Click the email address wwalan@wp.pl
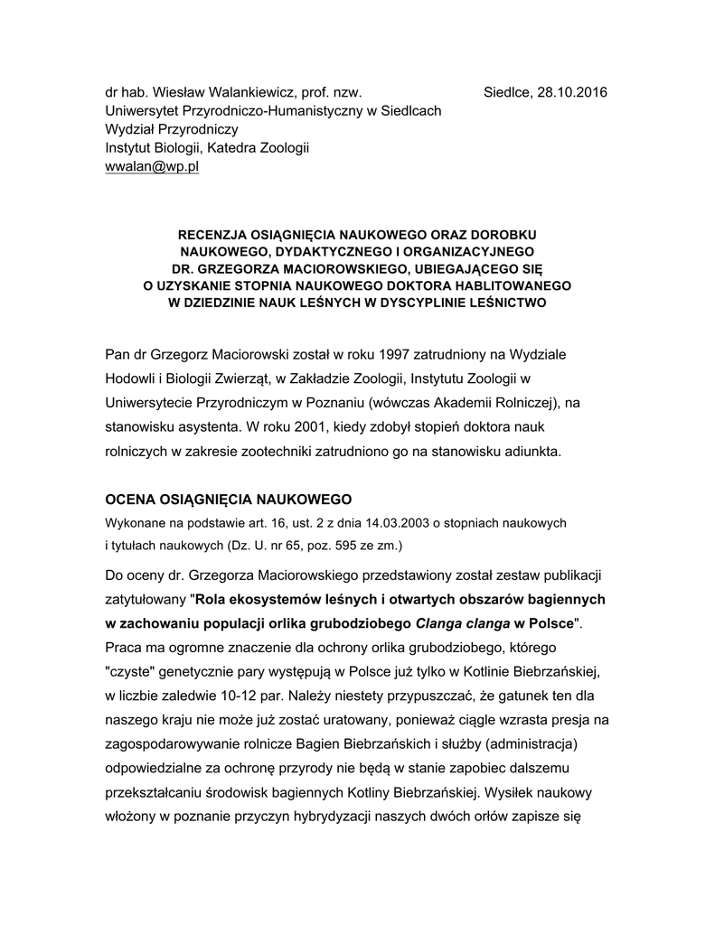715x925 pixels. coord(152,169)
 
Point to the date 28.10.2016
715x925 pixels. coord(571,92)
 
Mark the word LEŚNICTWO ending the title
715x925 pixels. coord(502,304)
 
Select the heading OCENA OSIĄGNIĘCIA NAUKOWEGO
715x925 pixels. coord(228,500)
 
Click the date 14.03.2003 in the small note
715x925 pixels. coord(404,524)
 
